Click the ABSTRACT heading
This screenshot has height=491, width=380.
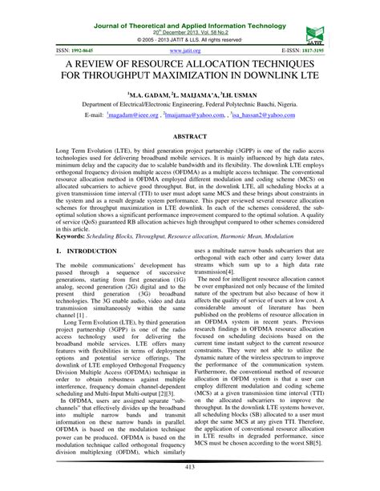point(190,138)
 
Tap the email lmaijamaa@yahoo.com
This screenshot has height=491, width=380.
point(193,115)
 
